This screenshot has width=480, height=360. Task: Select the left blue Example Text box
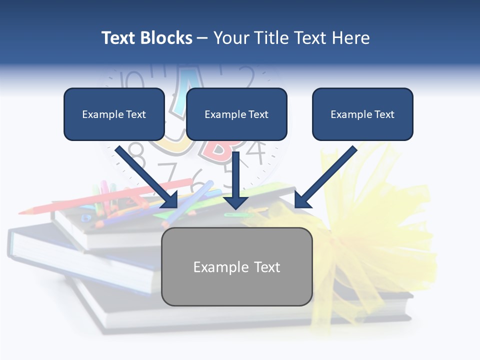[x=114, y=114]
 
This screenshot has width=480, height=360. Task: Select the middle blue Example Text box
[x=236, y=114]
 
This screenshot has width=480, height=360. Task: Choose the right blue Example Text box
[x=362, y=114]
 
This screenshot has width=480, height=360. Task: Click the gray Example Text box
[x=236, y=266]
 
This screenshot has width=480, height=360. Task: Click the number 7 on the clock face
[x=171, y=173]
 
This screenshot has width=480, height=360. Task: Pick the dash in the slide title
[x=202, y=38]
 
